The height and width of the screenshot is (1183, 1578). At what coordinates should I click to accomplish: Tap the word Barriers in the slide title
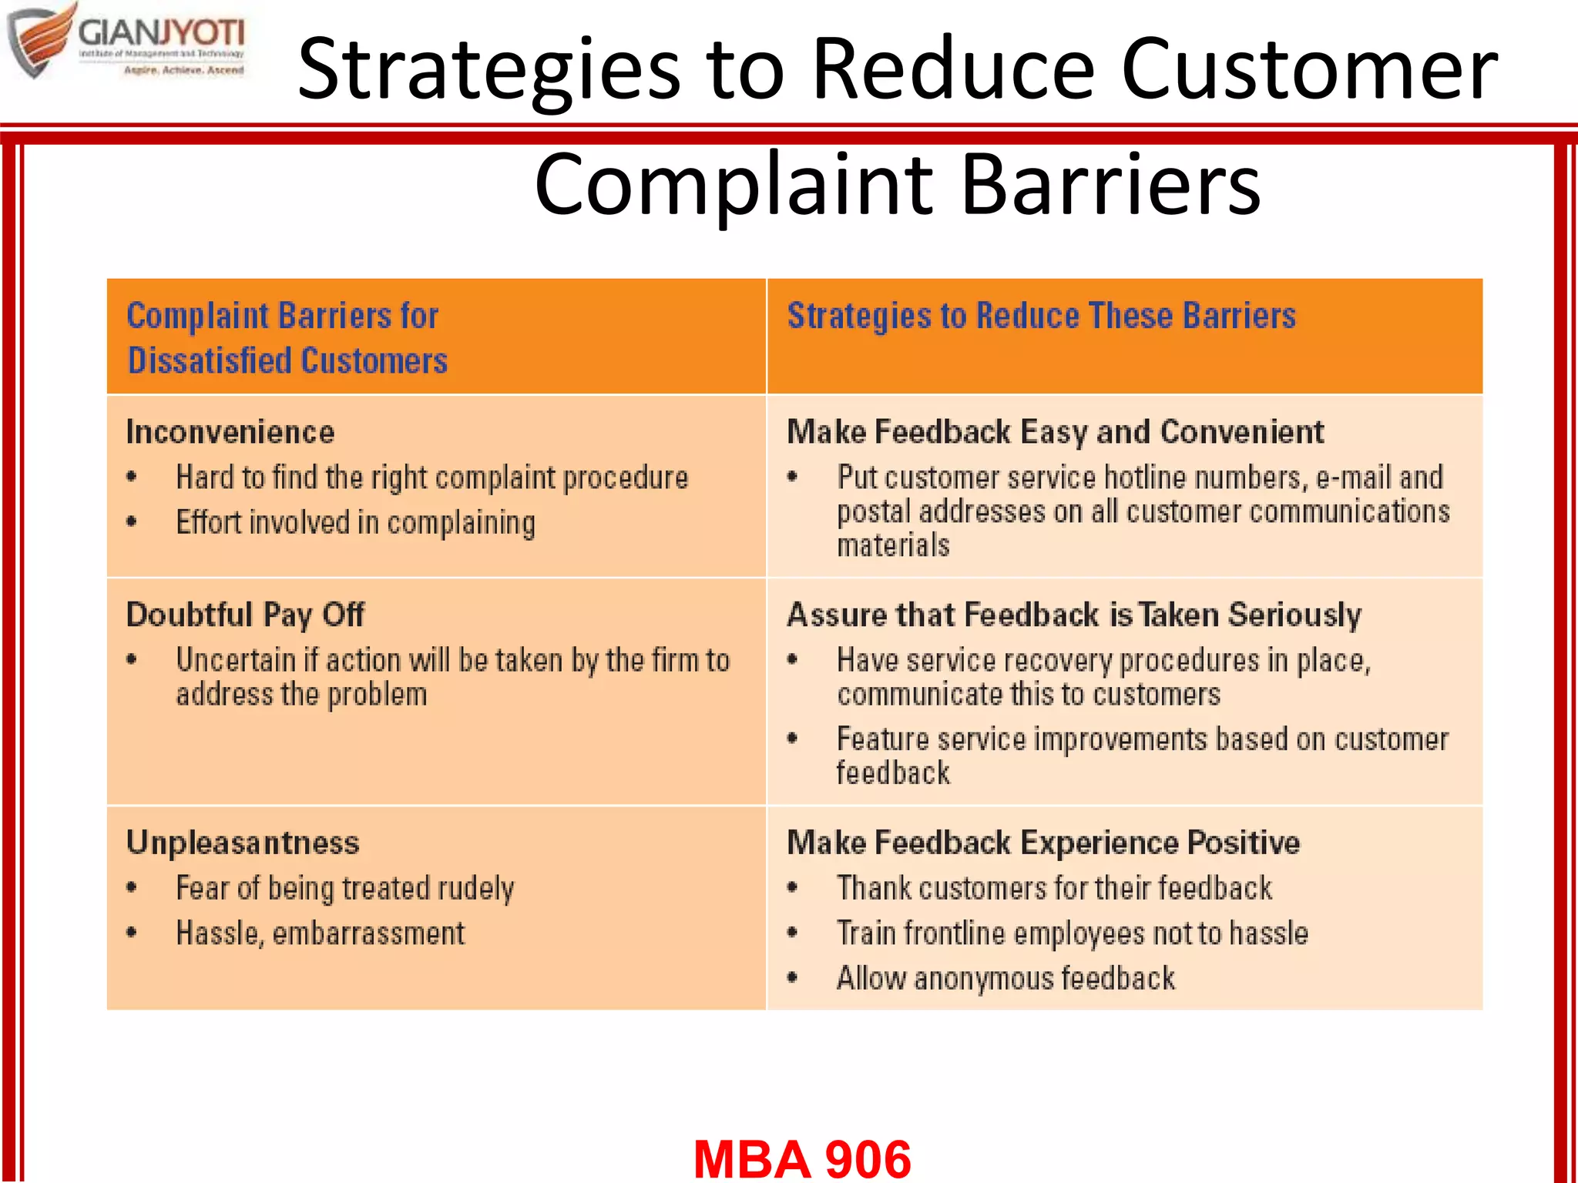[1110, 185]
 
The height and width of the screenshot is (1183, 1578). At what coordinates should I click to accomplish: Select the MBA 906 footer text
[802, 1158]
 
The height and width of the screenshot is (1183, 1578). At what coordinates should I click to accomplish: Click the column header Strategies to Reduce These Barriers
[1041, 317]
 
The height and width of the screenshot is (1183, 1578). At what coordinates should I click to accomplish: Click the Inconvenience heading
[230, 432]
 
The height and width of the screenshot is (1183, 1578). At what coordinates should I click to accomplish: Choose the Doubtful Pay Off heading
[245, 615]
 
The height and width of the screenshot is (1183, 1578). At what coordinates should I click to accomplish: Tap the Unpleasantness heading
[243, 843]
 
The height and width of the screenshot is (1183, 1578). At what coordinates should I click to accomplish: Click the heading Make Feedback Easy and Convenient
[1055, 432]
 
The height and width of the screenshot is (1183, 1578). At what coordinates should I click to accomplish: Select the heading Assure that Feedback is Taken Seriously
[1073, 615]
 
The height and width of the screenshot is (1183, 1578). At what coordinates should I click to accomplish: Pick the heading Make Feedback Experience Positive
[1043, 843]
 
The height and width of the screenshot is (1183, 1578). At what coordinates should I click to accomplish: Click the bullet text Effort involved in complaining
[355, 523]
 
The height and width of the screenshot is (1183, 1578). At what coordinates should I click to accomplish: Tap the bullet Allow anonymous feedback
[1006, 979]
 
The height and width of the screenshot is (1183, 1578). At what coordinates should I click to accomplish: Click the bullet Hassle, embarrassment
[321, 933]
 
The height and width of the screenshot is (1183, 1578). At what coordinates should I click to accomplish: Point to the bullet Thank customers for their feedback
[1054, 888]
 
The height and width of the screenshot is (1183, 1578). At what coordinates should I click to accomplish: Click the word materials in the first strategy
[893, 546]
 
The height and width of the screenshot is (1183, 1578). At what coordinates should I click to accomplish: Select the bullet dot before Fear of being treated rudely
[132, 887]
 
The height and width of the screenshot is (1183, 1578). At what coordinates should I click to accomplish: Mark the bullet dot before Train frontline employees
[792, 933]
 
